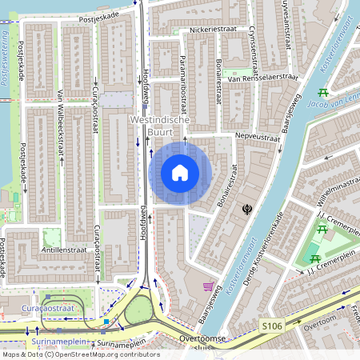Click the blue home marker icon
pyautogui.click(x=180, y=173)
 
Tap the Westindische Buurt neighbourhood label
pyautogui.click(x=160, y=125)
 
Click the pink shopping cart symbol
pyautogui.click(x=209, y=286)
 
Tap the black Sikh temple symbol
pyautogui.click(x=247, y=209)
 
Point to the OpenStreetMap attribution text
pyautogui.click(x=80, y=354)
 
